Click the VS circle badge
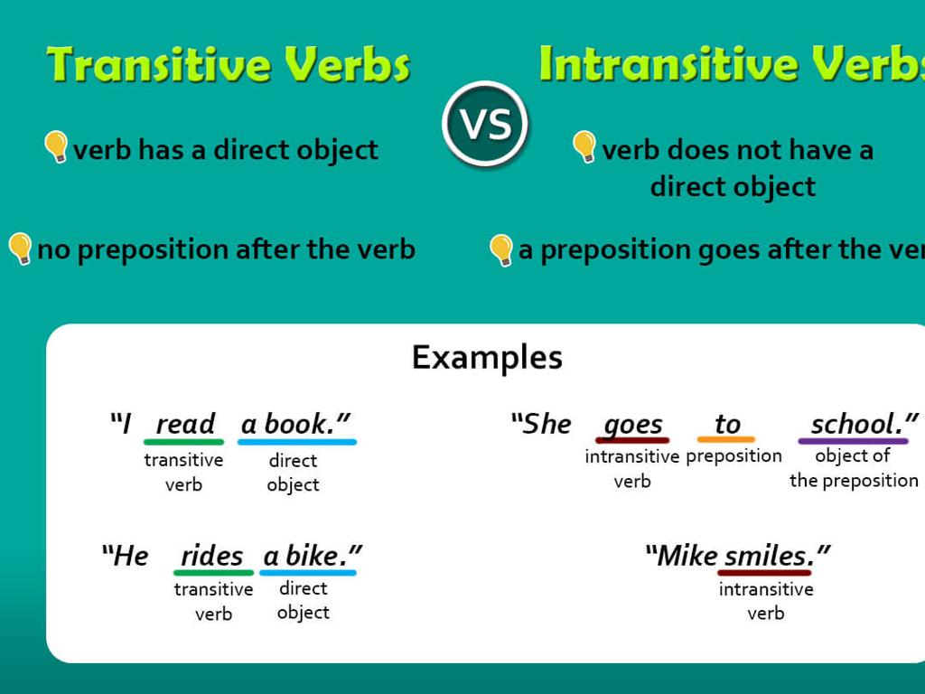(x=485, y=124)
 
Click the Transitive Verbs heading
(x=229, y=65)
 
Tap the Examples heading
(x=487, y=357)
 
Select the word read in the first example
(x=185, y=424)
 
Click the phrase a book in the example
(x=295, y=424)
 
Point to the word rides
(x=212, y=556)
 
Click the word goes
(x=632, y=424)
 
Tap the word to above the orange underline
(x=727, y=424)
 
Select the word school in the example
(x=858, y=424)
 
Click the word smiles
(x=768, y=555)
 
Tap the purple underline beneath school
(x=854, y=442)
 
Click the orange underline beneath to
(x=726, y=440)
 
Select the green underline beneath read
(x=183, y=442)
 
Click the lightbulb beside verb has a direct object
(x=56, y=146)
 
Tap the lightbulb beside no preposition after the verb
(x=20, y=249)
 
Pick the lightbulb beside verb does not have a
(x=584, y=146)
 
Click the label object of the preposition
(x=854, y=468)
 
